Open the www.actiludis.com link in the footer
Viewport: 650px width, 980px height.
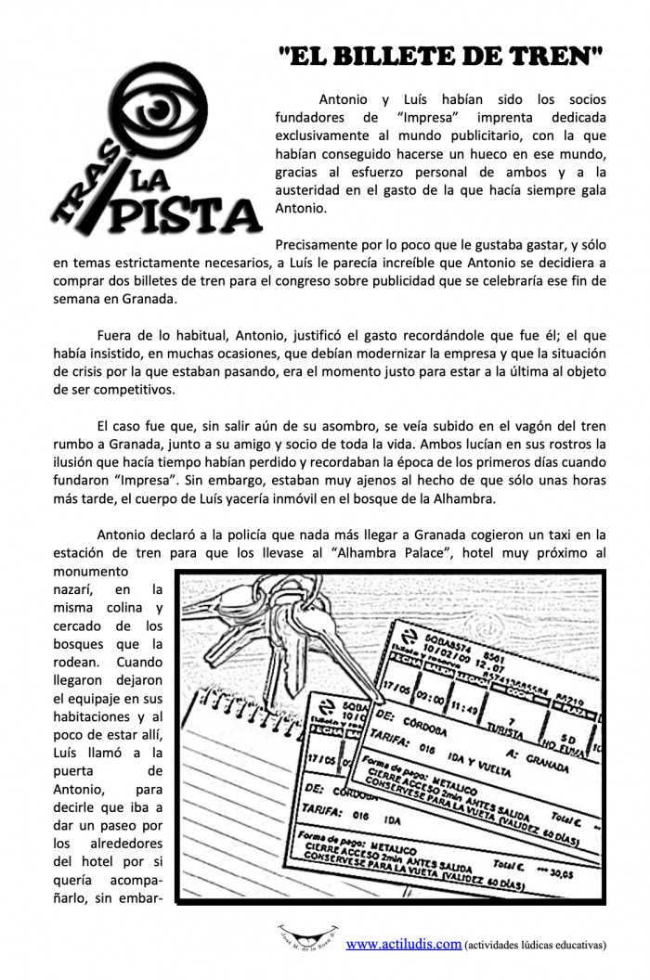pyautogui.click(x=404, y=944)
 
